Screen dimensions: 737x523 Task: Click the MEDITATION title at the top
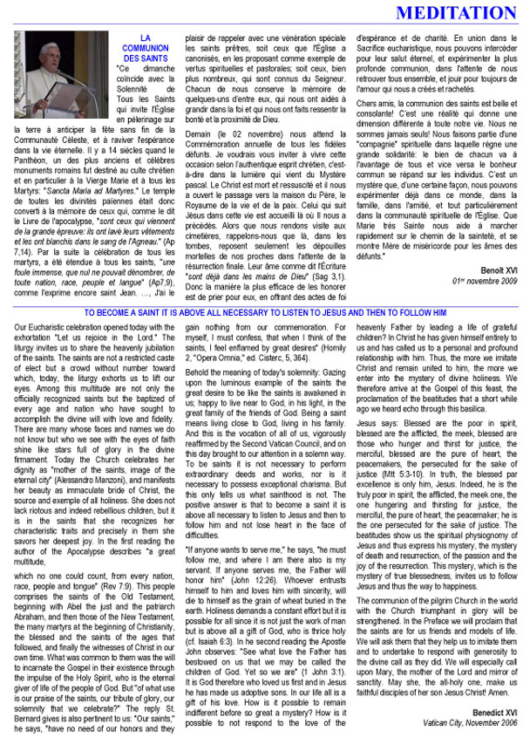tap(445, 13)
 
